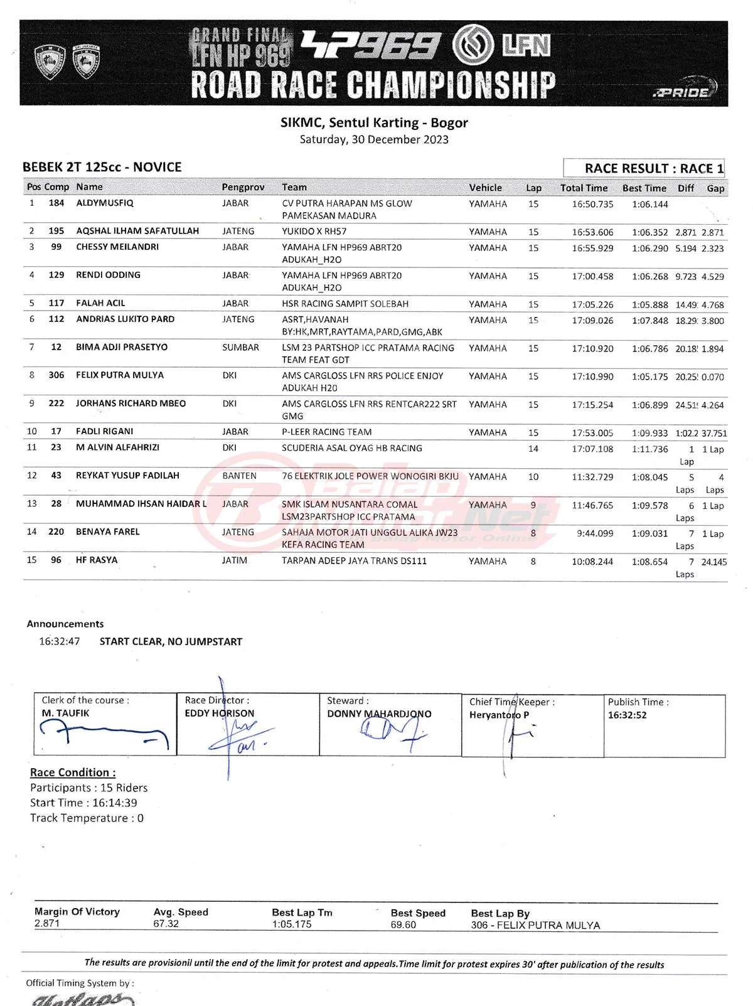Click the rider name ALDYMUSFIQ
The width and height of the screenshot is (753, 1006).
(105, 203)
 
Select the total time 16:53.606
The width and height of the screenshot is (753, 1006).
(592, 232)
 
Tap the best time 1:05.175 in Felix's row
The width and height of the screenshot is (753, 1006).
(649, 377)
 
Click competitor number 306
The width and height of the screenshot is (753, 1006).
(56, 375)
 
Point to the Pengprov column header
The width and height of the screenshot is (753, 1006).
(243, 187)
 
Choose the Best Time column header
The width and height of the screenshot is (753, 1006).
(644, 188)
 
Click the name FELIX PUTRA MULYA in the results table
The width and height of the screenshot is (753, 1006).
(120, 375)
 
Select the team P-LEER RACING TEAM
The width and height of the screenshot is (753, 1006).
(326, 432)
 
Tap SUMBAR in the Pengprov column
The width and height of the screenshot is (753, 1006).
(240, 348)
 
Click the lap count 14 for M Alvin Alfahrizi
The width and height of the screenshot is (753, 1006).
(533, 449)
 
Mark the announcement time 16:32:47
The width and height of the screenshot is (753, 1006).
(60, 641)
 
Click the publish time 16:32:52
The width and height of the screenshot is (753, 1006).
(627, 715)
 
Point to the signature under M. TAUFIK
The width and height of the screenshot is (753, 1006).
(104, 733)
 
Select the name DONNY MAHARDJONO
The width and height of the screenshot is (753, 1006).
(379, 714)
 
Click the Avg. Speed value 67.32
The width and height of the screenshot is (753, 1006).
(166, 924)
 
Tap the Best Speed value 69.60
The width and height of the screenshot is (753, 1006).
(403, 924)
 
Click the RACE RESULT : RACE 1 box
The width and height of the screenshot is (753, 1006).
(644, 168)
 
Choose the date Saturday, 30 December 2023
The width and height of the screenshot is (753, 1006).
(374, 139)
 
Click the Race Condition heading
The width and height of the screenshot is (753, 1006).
(73, 773)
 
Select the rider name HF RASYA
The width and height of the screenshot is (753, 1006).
(97, 560)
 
